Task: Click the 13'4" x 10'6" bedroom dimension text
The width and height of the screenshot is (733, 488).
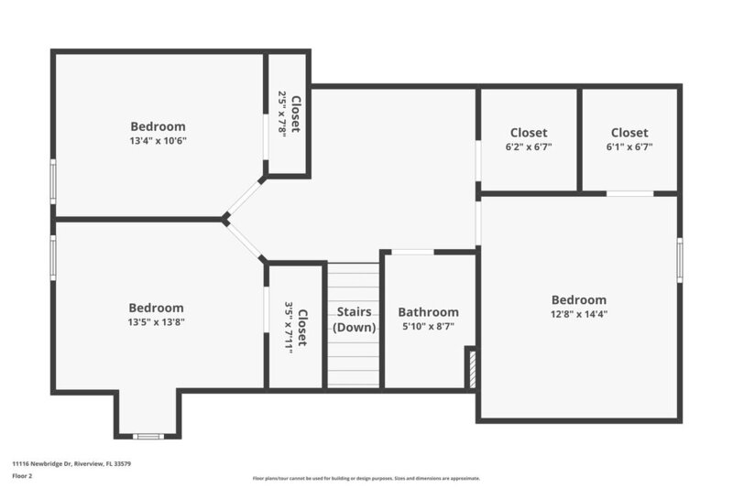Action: pyautogui.click(x=158, y=141)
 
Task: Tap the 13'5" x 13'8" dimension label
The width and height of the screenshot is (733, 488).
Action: pyautogui.click(x=156, y=322)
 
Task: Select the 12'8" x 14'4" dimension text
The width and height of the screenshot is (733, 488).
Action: pyautogui.click(x=578, y=314)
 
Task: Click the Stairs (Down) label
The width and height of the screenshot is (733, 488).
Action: pyautogui.click(x=353, y=320)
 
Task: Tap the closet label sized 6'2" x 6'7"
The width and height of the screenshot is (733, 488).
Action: pyautogui.click(x=529, y=133)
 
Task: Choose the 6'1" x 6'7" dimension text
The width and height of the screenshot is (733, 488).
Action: pyautogui.click(x=629, y=146)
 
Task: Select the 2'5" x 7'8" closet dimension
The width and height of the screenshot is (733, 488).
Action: pyautogui.click(x=282, y=114)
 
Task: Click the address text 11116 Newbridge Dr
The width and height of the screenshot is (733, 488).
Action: pyautogui.click(x=71, y=464)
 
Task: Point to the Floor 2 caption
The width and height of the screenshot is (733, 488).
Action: pyautogui.click(x=22, y=476)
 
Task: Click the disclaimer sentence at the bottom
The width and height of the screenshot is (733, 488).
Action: pyautogui.click(x=366, y=478)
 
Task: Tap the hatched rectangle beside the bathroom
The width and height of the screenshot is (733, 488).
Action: pyautogui.click(x=471, y=368)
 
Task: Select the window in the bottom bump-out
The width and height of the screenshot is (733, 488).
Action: pyautogui.click(x=148, y=436)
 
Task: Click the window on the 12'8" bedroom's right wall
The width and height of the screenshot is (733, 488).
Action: pyautogui.click(x=679, y=256)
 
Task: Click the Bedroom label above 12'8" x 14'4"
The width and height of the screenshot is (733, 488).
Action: pyautogui.click(x=578, y=299)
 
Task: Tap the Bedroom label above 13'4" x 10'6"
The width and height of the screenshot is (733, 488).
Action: pyautogui.click(x=158, y=126)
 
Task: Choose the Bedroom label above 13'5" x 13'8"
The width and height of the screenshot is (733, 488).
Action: pyautogui.click(x=156, y=308)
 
